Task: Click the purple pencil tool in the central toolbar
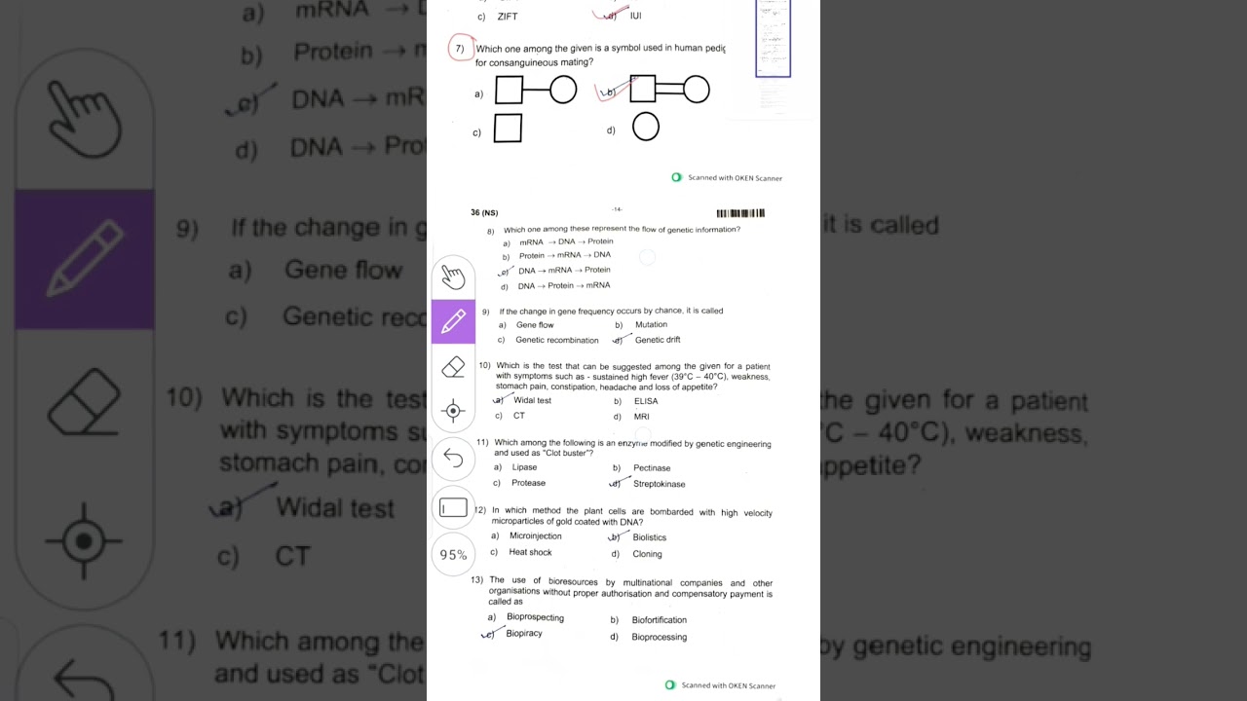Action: click(453, 322)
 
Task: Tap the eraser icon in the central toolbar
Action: click(453, 367)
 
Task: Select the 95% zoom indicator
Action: click(453, 555)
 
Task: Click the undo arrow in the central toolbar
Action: click(453, 457)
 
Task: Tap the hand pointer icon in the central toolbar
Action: click(453, 277)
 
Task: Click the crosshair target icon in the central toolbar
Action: click(453, 411)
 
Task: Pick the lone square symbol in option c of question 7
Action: click(508, 129)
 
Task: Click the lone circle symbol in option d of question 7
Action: click(646, 127)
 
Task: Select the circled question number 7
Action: click(460, 49)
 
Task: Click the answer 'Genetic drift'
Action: click(658, 340)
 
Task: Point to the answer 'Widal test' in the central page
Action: click(532, 400)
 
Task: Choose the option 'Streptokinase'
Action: click(659, 484)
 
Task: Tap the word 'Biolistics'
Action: click(650, 537)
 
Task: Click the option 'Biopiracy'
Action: click(524, 634)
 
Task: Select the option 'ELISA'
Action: click(646, 401)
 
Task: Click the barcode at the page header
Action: click(740, 213)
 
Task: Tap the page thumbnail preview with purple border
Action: click(773, 39)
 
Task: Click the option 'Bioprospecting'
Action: click(535, 617)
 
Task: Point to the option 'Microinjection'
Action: click(535, 536)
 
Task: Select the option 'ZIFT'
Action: click(508, 17)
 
